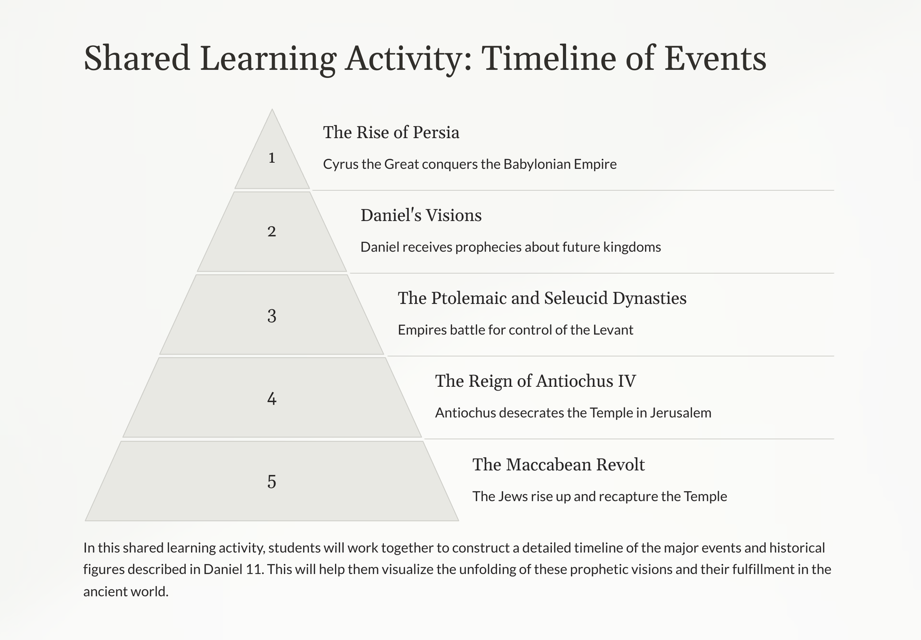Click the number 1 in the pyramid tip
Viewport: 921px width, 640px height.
[x=272, y=158]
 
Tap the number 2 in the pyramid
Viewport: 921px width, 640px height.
[x=272, y=232]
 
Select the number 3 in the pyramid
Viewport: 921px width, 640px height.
[x=272, y=316]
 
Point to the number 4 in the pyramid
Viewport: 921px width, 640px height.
[x=272, y=399]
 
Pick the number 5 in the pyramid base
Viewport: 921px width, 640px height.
[x=272, y=482]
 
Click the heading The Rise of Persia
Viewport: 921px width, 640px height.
[x=391, y=133]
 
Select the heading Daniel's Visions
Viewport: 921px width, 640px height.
[x=421, y=215]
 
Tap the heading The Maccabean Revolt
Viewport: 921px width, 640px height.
[x=559, y=465]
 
